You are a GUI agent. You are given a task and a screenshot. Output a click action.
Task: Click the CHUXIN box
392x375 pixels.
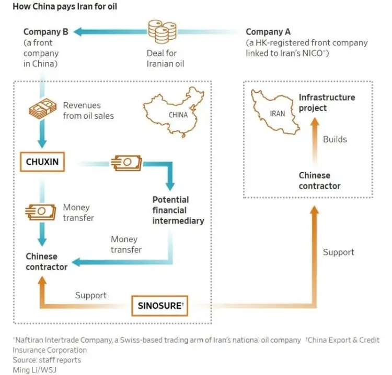pyautogui.click(x=42, y=162)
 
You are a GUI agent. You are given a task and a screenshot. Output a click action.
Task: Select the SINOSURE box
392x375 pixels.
pyautogui.click(x=160, y=306)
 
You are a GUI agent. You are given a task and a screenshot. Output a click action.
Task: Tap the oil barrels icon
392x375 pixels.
pyautogui.click(x=162, y=32)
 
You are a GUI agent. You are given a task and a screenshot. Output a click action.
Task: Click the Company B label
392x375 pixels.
pyautogui.click(x=46, y=32)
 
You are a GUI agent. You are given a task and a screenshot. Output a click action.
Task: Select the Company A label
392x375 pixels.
pyautogui.click(x=268, y=32)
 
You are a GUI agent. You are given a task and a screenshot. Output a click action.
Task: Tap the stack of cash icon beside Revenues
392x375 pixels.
pyautogui.click(x=42, y=108)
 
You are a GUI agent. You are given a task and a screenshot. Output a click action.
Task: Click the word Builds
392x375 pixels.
pyautogui.click(x=335, y=139)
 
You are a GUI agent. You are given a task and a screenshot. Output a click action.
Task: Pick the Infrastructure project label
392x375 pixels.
pyautogui.click(x=327, y=103)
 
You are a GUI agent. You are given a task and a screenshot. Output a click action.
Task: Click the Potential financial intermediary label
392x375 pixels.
pyautogui.click(x=178, y=210)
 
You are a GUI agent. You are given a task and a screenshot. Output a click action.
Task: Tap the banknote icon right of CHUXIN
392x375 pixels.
pyautogui.click(x=126, y=163)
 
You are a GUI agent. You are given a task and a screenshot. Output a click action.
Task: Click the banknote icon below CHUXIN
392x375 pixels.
pyautogui.click(x=40, y=212)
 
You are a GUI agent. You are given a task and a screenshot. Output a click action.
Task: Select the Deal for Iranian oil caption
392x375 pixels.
pyautogui.click(x=165, y=58)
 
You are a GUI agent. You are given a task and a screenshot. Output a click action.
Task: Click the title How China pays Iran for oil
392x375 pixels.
pyautogui.click(x=65, y=6)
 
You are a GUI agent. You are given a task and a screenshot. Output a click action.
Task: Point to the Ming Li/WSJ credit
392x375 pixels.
pyautogui.click(x=34, y=370)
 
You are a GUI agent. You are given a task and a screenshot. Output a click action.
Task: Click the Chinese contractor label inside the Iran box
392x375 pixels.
pyautogui.click(x=319, y=180)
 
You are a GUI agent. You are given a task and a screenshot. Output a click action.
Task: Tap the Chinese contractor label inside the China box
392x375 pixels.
pyautogui.click(x=47, y=261)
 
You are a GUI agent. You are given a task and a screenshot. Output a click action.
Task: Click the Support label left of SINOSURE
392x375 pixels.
pyautogui.click(x=91, y=295)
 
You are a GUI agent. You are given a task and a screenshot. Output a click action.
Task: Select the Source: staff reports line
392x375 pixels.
pyautogui.click(x=47, y=360)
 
